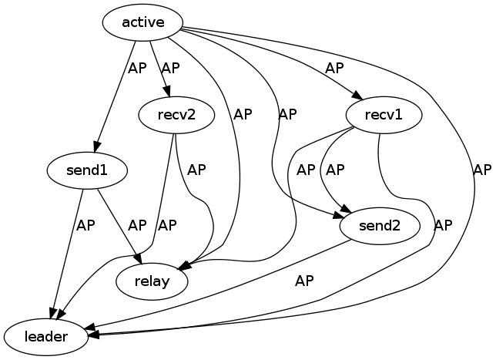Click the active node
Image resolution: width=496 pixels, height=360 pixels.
(143, 22)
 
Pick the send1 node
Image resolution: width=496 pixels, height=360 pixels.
(87, 170)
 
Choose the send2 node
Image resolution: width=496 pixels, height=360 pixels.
(379, 227)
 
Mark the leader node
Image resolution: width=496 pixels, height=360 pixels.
(45, 337)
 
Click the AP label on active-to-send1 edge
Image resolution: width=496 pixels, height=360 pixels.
(137, 68)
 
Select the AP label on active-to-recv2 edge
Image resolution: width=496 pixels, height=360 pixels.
(170, 68)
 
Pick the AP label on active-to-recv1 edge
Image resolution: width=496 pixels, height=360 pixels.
(334, 68)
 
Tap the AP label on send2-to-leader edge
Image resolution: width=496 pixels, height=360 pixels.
(305, 281)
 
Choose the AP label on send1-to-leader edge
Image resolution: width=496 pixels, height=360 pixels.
(85, 226)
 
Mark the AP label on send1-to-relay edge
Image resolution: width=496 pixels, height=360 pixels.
(137, 226)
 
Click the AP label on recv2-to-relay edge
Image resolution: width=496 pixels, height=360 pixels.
(197, 169)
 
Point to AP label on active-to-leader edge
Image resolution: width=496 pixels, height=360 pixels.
(482, 170)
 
